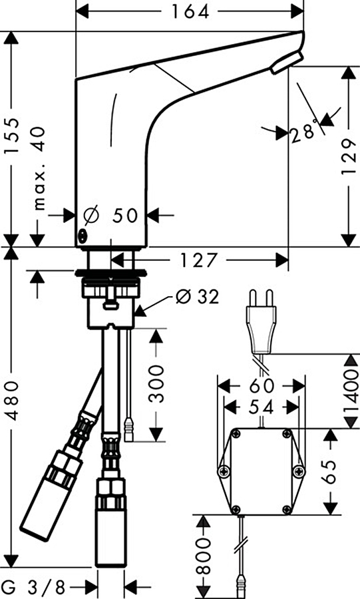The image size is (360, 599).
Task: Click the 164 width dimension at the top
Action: click(x=190, y=11)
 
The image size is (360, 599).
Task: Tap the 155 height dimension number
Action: click(x=11, y=136)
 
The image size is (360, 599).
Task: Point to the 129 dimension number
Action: click(x=348, y=156)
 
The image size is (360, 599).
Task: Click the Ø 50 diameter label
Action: click(x=111, y=216)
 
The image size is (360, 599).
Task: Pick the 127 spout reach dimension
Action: click(x=198, y=260)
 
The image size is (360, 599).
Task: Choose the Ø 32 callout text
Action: click(x=198, y=296)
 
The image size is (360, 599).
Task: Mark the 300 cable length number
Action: click(x=156, y=383)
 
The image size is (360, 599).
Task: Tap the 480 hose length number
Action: click(x=11, y=401)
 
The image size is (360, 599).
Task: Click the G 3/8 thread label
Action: click(x=33, y=586)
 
